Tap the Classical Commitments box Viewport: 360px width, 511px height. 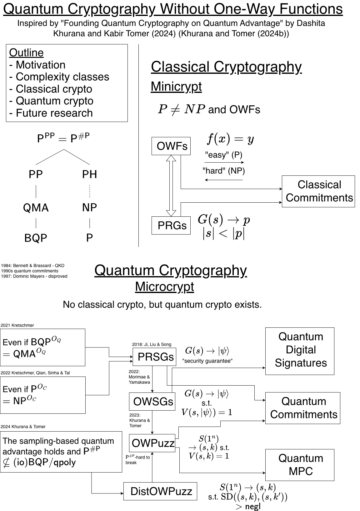click(x=318, y=191)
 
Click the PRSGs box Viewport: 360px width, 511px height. click(x=154, y=357)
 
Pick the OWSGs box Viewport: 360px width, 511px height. click(x=152, y=402)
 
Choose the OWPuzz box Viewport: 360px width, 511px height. click(x=152, y=443)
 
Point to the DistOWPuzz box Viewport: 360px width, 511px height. click(x=160, y=491)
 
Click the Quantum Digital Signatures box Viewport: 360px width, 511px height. click(x=300, y=351)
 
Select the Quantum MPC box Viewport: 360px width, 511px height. click(x=300, y=465)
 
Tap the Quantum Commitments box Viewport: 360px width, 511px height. click(x=302, y=408)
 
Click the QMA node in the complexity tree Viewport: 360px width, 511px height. click(x=36, y=208)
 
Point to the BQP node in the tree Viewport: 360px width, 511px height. click(x=36, y=238)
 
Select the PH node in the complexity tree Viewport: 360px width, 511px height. click(x=89, y=174)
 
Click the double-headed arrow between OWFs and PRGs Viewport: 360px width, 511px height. click(x=171, y=186)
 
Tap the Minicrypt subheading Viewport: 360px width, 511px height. click(x=176, y=87)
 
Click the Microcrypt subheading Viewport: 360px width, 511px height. click(x=164, y=287)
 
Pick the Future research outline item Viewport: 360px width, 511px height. click(x=51, y=113)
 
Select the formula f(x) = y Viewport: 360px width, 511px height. click(x=230, y=139)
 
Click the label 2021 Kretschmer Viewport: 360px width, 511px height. click(x=17, y=325)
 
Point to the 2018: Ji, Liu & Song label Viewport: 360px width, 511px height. click(x=152, y=344)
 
